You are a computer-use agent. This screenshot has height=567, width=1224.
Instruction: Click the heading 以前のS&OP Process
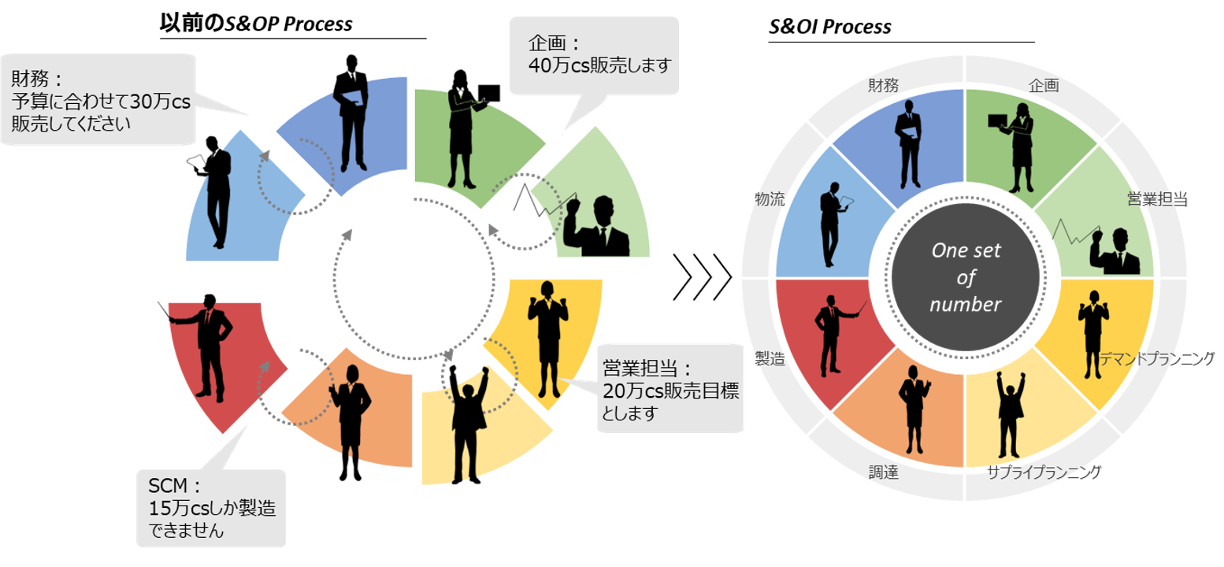255,24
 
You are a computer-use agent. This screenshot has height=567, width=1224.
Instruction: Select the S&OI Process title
829,27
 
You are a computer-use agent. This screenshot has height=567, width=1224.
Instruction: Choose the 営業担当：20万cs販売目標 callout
669,390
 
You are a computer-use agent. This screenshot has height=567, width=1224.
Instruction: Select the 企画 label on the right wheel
1044,84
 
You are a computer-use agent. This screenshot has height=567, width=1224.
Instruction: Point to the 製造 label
770,358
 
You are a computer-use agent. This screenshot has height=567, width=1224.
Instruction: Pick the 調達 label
883,472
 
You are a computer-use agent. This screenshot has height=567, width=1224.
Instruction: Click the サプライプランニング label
1044,472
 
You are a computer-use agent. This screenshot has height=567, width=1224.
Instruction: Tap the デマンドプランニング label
1158,359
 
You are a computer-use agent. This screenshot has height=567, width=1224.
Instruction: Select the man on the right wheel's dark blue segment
908,146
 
